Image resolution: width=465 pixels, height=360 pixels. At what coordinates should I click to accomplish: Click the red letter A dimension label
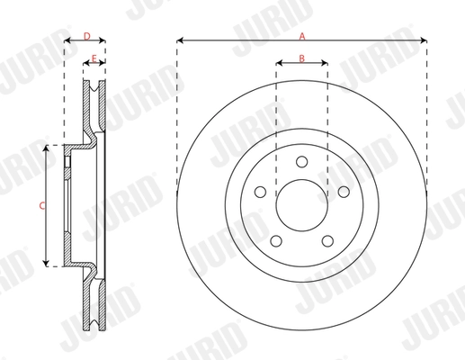point(302,35)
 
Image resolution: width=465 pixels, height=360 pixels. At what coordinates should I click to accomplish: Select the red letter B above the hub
point(302,58)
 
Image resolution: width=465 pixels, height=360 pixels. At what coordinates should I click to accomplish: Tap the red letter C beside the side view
point(41,205)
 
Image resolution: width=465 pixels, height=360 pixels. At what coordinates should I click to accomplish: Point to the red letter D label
point(85,35)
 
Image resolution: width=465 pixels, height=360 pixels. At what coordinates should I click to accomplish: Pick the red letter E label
point(94,58)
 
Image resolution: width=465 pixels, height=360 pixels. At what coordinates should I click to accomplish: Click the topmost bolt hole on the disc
point(301,162)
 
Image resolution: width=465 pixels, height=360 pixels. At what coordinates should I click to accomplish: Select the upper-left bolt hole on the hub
point(260,192)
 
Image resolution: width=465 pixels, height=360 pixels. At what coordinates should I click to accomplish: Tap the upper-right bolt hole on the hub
point(343,192)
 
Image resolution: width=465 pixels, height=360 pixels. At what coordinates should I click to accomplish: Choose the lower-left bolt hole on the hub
point(276,239)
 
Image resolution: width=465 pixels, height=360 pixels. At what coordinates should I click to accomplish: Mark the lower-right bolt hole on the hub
point(327,239)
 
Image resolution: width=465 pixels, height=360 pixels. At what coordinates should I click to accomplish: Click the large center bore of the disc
point(301,205)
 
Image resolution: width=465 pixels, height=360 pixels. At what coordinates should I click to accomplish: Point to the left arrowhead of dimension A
point(180,41)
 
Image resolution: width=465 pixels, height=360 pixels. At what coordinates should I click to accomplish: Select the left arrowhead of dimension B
point(278,64)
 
